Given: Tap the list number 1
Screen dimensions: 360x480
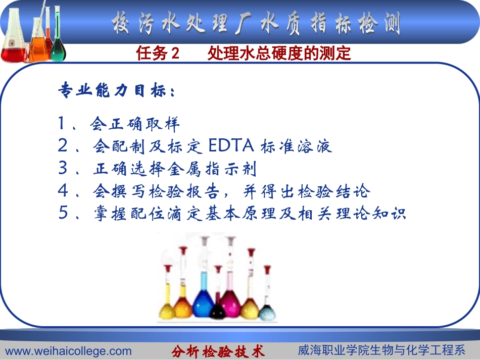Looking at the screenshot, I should pyautogui.click(x=62, y=123).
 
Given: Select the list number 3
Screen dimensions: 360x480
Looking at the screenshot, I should pyautogui.click(x=62, y=169).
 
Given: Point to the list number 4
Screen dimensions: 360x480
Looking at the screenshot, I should pyautogui.click(x=62, y=191).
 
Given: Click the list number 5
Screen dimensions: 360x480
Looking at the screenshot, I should pyautogui.click(x=63, y=214).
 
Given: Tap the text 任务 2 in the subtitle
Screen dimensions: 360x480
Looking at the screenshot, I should pyautogui.click(x=158, y=54).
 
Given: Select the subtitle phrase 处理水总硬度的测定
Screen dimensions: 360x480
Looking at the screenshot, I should pyautogui.click(x=279, y=54).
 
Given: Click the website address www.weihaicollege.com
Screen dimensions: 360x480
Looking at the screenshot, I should pyautogui.click(x=68, y=351).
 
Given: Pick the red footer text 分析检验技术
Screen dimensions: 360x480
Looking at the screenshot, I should pyautogui.click(x=218, y=351).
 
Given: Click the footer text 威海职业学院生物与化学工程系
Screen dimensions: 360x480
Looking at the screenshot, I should pyautogui.click(x=381, y=350).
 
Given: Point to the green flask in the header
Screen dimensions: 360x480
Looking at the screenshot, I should pyautogui.click(x=58, y=40).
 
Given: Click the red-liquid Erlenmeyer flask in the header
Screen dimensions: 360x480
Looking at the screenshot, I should pyautogui.click(x=14, y=48).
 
